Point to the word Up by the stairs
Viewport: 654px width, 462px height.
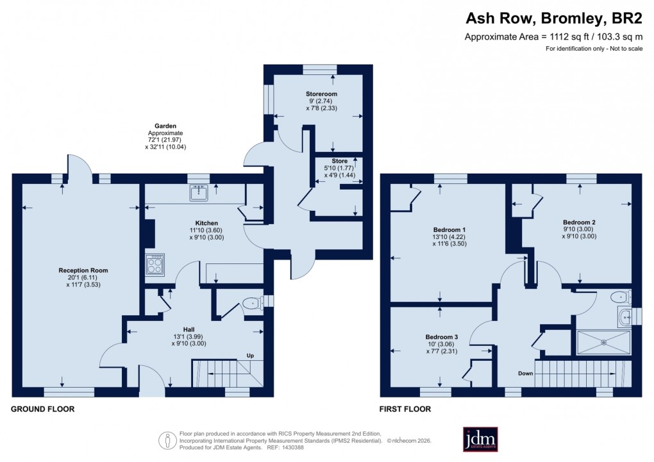[251, 356]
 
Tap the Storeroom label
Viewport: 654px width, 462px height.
[321, 94]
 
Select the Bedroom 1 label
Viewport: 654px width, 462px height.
[449, 229]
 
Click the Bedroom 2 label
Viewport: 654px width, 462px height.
[580, 222]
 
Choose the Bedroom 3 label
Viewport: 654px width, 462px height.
[442, 336]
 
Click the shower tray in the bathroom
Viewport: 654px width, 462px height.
[603, 342]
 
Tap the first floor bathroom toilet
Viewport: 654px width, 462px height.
[620, 297]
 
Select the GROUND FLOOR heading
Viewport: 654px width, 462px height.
[43, 409]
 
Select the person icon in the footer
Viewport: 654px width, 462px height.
[167, 440]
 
